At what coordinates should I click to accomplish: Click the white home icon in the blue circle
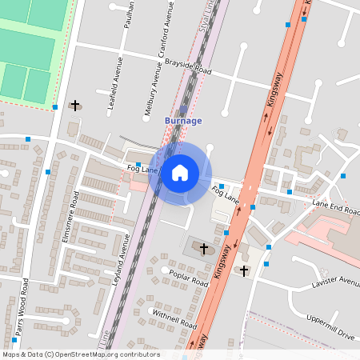point(180,172)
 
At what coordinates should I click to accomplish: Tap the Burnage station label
point(183,121)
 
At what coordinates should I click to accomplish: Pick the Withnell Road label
point(174,319)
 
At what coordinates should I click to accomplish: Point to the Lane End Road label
point(334,205)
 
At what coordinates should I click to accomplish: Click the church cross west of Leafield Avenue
point(76,105)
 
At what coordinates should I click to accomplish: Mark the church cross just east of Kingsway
point(244,270)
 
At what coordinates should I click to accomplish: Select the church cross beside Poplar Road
point(203,250)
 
